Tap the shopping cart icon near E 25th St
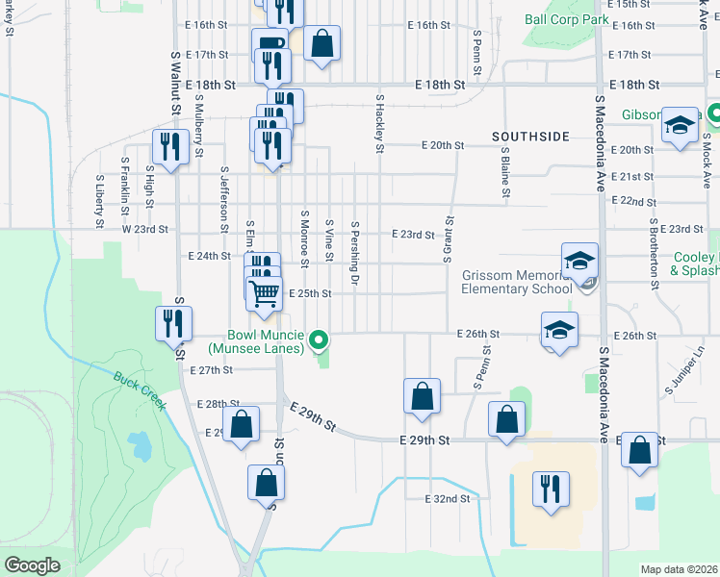click(x=264, y=291)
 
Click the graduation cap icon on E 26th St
click(x=559, y=329)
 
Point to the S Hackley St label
click(x=380, y=124)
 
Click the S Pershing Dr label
click(x=355, y=254)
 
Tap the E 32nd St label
click(x=448, y=499)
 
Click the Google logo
click(x=31, y=564)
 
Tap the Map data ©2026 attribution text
click(x=679, y=569)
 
